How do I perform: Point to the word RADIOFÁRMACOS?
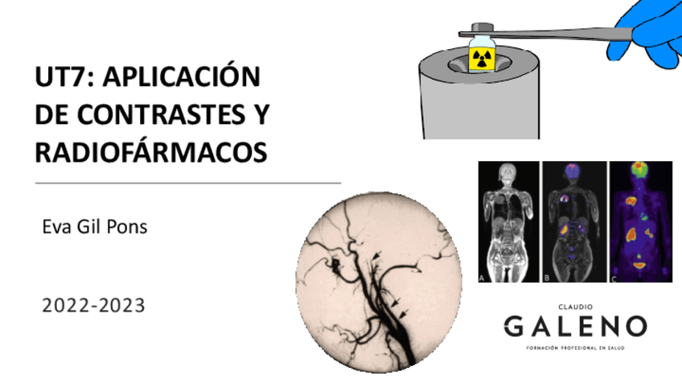coord(150,151)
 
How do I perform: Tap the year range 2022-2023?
coord(94,306)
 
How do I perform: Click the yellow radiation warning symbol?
coord(481,60)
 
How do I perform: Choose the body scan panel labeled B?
coord(573,221)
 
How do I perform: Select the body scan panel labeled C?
coord(640,221)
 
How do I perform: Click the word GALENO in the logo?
coord(575,327)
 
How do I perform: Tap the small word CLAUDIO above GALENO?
coord(575,307)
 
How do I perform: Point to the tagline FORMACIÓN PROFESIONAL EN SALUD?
coord(575,348)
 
